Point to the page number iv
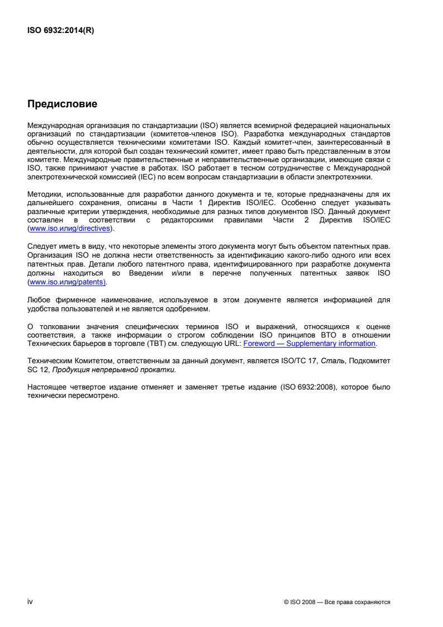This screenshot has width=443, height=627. point(30,602)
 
